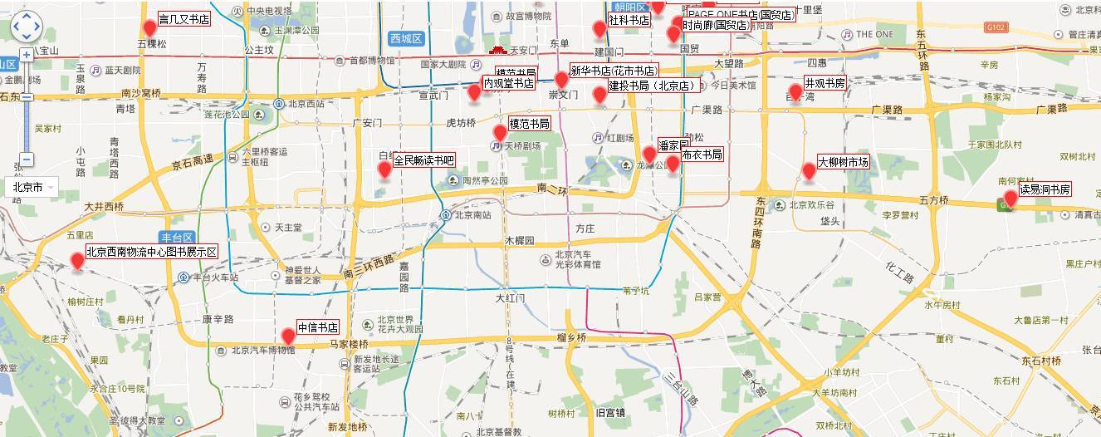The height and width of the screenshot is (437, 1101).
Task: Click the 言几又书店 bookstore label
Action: click(183, 19)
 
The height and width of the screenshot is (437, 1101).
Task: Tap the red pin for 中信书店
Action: click(288, 336)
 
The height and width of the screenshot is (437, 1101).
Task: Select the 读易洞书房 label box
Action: click(1045, 189)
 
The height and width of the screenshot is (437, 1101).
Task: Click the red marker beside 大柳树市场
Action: click(809, 171)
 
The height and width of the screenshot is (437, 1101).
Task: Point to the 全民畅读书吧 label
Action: click(424, 160)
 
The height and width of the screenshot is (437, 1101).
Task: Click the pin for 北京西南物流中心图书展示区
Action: click(77, 260)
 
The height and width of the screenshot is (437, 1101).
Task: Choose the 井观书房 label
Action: click(825, 83)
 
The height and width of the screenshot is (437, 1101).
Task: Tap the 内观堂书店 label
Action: click(509, 83)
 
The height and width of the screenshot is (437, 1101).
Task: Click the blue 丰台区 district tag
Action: click(177, 237)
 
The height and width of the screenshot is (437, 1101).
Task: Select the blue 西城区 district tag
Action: click(406, 39)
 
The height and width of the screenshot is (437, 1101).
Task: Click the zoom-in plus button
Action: click(27, 55)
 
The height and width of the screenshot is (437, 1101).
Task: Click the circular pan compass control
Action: click(26, 26)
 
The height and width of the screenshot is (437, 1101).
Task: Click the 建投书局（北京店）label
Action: click(652, 86)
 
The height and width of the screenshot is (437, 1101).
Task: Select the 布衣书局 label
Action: click(702, 155)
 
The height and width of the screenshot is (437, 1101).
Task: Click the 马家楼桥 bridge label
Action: click(348, 343)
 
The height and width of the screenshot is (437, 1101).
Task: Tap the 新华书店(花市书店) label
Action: click(613, 71)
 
